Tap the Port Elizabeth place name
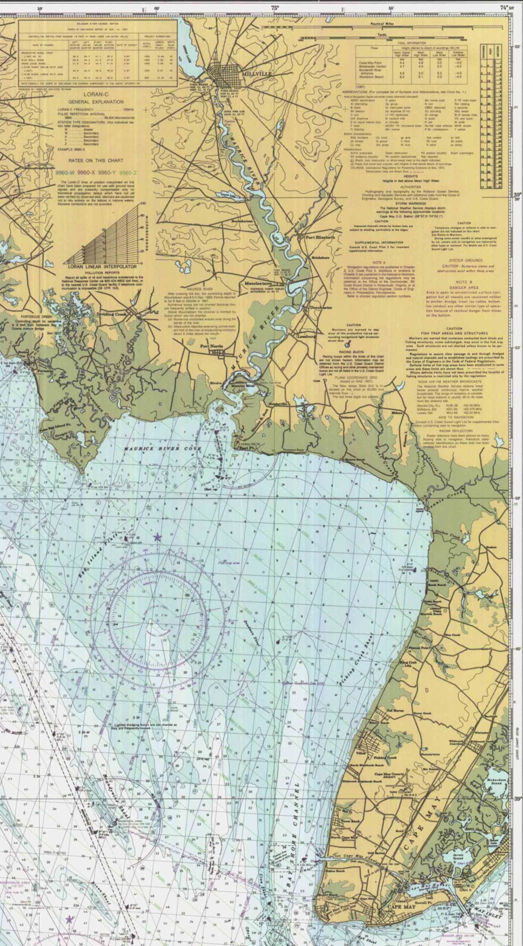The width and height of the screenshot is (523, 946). click(x=320, y=238)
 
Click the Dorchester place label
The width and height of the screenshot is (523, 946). click(x=321, y=308)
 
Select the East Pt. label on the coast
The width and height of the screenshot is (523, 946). click(x=245, y=448)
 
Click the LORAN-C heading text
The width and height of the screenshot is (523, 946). click(x=96, y=94)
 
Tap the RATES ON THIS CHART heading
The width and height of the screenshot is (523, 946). click(x=96, y=160)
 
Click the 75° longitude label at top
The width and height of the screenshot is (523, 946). click(x=275, y=8)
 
